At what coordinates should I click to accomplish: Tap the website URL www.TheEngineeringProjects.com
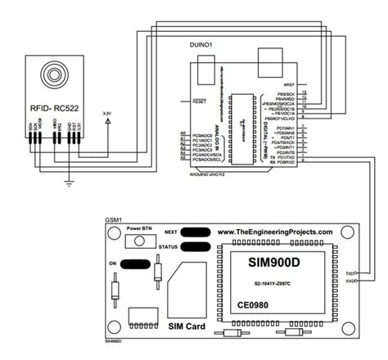point(276,232)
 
